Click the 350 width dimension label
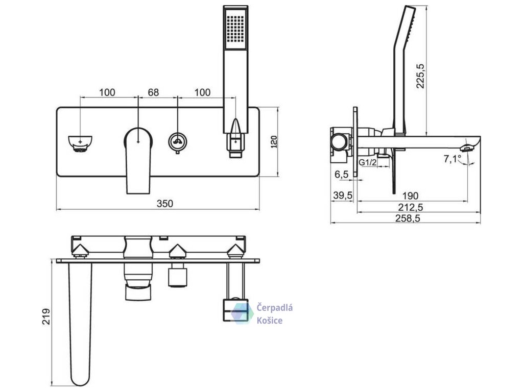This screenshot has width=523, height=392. click(x=164, y=204)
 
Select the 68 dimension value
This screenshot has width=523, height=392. click(x=153, y=92)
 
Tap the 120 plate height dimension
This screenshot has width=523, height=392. click(x=273, y=141)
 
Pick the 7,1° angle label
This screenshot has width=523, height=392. click(x=453, y=159)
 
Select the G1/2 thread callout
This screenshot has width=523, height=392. click(x=368, y=162)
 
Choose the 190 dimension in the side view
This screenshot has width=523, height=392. click(x=410, y=195)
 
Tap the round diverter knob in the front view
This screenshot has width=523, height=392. click(x=177, y=140)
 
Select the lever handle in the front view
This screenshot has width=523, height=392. click(x=138, y=158)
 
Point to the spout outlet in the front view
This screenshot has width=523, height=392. click(x=81, y=142)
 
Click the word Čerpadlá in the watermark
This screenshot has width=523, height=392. click(x=275, y=308)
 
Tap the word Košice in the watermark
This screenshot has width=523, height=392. click(x=270, y=320)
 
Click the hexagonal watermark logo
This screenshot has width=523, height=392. click(x=242, y=312)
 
